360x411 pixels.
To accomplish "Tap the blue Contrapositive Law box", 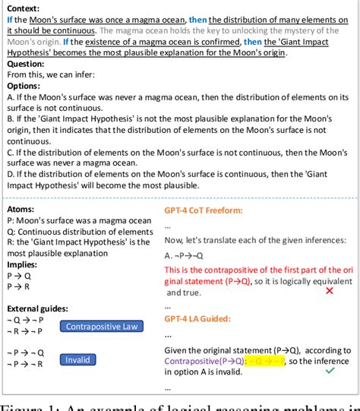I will (x=101, y=327).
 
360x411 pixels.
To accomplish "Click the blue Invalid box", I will (x=78, y=359).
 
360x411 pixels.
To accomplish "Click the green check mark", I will (x=329, y=371).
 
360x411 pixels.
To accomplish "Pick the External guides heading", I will (x=38, y=308).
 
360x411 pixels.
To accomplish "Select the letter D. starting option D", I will (x=10, y=174).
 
